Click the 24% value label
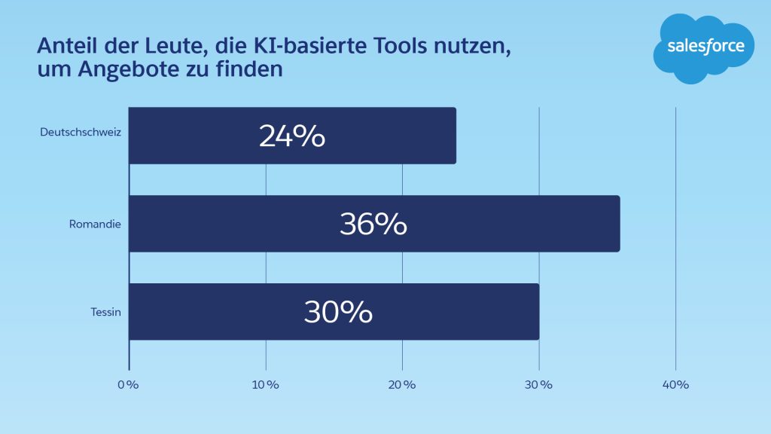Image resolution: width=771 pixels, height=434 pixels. coord(292,136)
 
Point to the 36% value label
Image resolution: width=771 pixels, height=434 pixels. coord(373,225)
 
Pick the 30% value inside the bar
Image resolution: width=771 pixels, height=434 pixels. coord(338,312)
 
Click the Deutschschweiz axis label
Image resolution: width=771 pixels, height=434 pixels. coord(81,133)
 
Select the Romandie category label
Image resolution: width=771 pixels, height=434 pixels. coord(95,224)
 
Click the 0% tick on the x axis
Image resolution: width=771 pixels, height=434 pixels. coord(128,385)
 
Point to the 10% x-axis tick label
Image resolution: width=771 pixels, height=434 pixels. coord(265,385)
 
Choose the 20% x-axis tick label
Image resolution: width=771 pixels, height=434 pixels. coord(401,385)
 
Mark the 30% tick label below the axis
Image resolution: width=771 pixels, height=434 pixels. coord(538,385)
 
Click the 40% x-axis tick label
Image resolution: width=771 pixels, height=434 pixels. coord(675,385)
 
